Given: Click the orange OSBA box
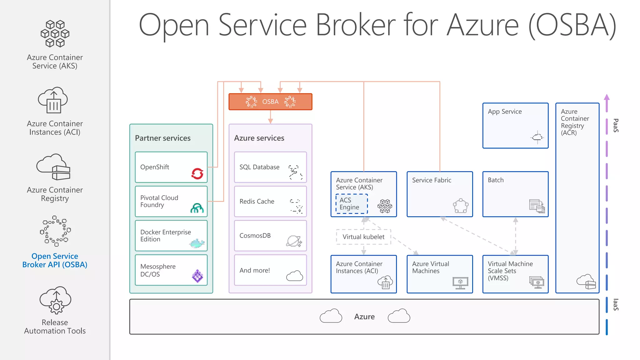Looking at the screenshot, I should tap(270, 102).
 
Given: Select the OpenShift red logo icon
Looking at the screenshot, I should tap(197, 173).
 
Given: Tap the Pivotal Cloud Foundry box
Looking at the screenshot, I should tap(171, 201).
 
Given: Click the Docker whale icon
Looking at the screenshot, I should tap(197, 243).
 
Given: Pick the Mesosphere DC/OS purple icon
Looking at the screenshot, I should tap(197, 276).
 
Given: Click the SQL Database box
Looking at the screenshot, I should tap(270, 167).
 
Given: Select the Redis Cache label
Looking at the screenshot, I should tap(257, 202).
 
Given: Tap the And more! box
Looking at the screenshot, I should tap(270, 270).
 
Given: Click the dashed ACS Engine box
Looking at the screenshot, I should tap(352, 204).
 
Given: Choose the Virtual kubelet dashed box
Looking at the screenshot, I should tap(363, 237).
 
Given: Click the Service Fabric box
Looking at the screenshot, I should tap(440, 194).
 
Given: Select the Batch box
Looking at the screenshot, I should tap(515, 194).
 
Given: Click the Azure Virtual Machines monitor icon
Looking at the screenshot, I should tap(460, 283).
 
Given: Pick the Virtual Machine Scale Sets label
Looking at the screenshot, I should tap(510, 271).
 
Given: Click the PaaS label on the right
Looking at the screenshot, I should tap(616, 125).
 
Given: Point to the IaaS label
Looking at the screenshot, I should tap(616, 305).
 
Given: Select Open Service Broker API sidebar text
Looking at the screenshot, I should tap(55, 260).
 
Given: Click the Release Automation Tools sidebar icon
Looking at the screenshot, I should tap(55, 300).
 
